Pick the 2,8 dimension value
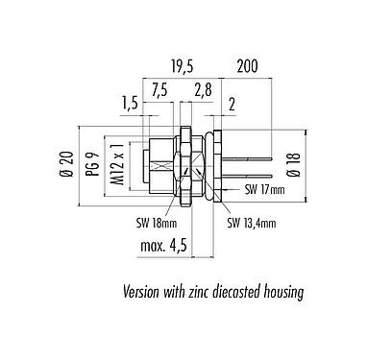coord(203,89)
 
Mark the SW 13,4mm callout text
coord(253,225)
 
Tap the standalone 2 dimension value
coord(232,103)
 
